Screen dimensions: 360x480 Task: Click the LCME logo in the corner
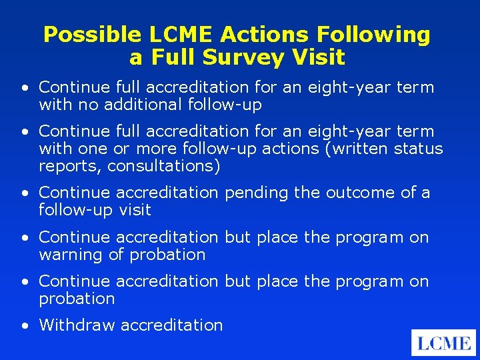coord(443,343)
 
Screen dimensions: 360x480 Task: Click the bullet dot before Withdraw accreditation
coord(25,326)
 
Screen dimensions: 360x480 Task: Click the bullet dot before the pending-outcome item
coord(25,194)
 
